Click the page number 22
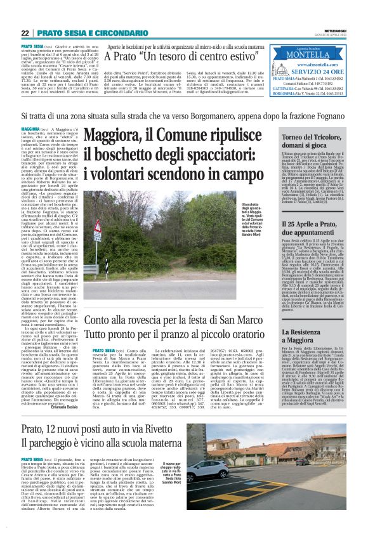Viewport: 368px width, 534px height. [25, 33]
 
